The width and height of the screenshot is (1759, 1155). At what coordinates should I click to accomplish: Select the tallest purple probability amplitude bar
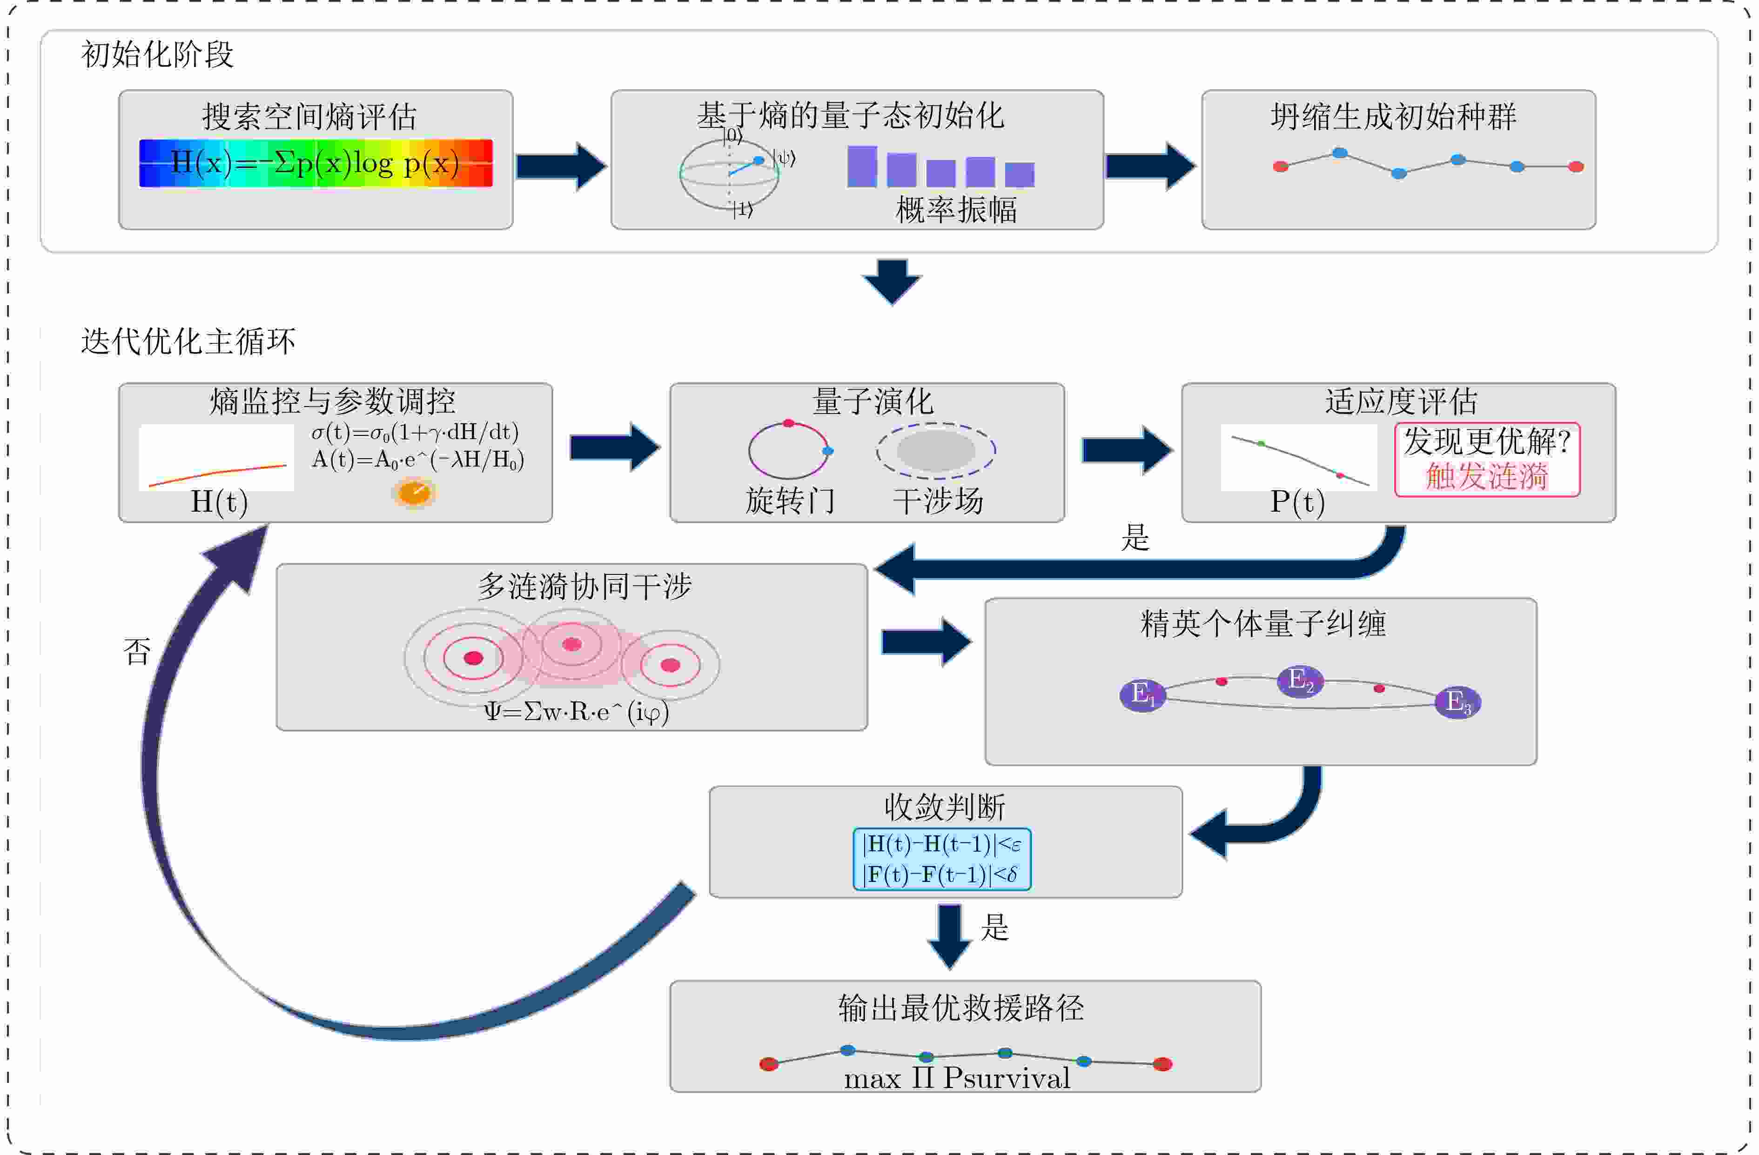tap(862, 166)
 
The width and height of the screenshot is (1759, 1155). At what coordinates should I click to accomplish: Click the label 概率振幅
tap(956, 210)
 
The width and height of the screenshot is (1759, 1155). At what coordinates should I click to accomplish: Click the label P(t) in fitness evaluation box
tap(1297, 502)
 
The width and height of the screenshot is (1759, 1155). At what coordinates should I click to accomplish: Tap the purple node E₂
tap(1300, 681)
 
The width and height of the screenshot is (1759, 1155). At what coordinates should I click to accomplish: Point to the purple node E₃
tap(1457, 702)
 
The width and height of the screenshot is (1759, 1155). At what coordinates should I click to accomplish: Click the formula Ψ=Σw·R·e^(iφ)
tap(577, 712)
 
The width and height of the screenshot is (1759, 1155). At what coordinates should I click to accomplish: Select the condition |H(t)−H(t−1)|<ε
tap(941, 844)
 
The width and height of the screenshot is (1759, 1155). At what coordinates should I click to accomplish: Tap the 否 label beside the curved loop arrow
tap(137, 652)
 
